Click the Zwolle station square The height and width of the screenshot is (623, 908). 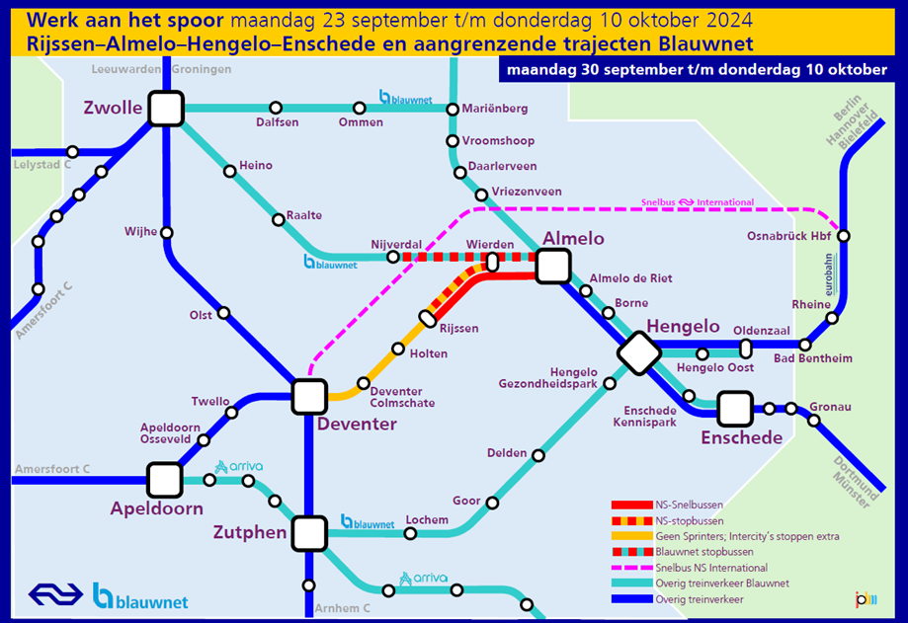coord(166,109)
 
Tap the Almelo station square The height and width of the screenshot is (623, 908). coord(553,267)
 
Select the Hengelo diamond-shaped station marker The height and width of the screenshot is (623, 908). coord(638,352)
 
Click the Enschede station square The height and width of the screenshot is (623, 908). coord(735,409)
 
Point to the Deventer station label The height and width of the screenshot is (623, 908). coord(357,424)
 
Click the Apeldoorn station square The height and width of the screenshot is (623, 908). coord(164,480)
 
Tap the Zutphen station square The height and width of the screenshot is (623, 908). coord(309,533)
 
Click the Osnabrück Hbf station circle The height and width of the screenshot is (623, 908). coord(844,236)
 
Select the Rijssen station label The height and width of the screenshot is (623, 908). coord(459,329)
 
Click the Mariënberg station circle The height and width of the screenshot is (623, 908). coord(453,109)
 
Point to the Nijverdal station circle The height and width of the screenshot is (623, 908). coord(392,257)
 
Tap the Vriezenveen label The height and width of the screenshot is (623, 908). coord(527,192)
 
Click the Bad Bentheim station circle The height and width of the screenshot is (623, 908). coord(805,346)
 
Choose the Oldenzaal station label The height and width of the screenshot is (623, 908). coord(762,331)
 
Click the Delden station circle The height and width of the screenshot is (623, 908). coord(537,456)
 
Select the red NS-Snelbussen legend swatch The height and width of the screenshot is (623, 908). coord(631,505)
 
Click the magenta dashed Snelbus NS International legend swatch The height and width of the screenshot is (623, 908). coord(631,568)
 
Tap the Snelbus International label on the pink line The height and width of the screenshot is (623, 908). coord(698,202)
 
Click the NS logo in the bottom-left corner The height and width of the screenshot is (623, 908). coord(55,594)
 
